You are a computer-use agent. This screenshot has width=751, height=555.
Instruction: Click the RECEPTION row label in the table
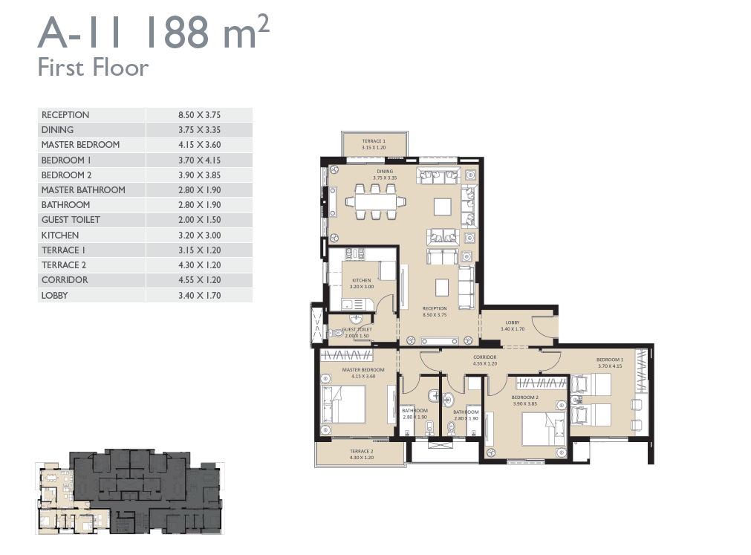pos(65,115)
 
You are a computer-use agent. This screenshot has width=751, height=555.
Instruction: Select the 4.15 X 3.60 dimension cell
pos(199,145)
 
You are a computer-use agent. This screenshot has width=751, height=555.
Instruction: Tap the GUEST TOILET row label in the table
pos(71,220)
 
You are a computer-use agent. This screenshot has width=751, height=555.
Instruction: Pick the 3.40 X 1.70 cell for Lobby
pos(199,296)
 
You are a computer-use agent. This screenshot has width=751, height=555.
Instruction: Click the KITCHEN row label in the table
pos(60,235)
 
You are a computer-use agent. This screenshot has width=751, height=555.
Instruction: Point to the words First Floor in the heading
pos(93,68)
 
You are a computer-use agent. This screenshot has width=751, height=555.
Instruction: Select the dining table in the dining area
pos(376,201)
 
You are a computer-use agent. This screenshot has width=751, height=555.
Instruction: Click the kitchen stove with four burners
pos(355,254)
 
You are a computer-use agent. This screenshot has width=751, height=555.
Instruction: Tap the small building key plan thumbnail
pos(129,492)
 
